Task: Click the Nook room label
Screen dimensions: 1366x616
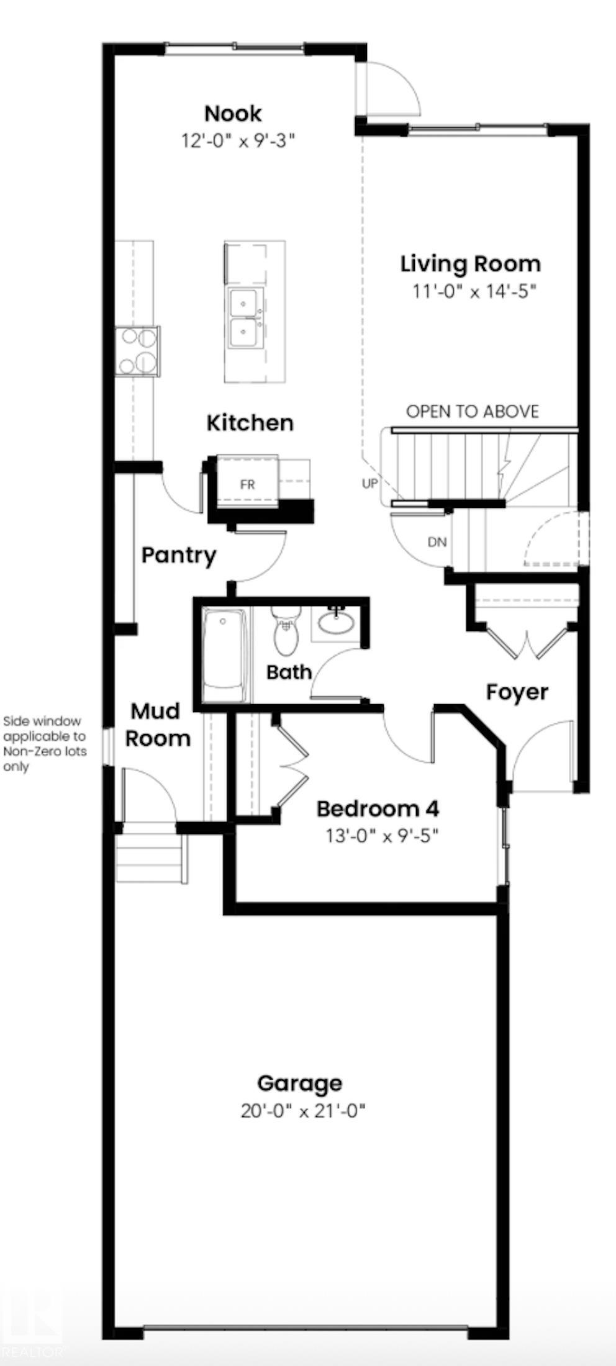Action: coord(233,114)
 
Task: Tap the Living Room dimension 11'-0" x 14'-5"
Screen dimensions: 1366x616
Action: coord(474,291)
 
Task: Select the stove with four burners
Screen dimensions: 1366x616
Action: coord(137,351)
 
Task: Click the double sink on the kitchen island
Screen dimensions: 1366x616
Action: coord(246,318)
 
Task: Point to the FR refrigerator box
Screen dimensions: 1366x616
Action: coord(247,484)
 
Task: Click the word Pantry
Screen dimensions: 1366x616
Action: coord(178,555)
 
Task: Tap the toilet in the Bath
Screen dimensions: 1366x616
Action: coord(286,631)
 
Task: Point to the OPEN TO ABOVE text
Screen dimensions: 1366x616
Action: coord(472,412)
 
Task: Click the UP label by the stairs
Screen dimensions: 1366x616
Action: coord(369,483)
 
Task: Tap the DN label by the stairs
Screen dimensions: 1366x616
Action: coord(437,542)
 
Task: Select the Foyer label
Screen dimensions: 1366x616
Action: coord(517,692)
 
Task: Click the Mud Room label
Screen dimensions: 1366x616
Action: coord(158,725)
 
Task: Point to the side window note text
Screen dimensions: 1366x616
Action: coord(43,744)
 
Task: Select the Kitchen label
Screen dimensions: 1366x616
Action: coord(250,423)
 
